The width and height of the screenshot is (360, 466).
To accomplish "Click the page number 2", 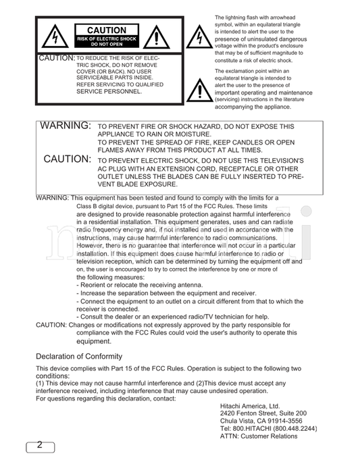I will [x=39, y=445].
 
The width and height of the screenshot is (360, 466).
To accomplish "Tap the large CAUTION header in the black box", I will [x=106, y=30].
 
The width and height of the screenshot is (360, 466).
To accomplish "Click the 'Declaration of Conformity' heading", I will [x=79, y=356].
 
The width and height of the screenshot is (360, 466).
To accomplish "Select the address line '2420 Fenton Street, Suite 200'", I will [x=263, y=413].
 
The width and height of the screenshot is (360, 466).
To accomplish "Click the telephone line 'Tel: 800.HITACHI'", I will [x=268, y=428].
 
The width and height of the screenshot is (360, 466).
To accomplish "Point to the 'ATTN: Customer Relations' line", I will [x=258, y=436].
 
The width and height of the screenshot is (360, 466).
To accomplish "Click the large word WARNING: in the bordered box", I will [x=66, y=126].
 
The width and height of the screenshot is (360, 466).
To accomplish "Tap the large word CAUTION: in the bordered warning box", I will [x=68, y=159].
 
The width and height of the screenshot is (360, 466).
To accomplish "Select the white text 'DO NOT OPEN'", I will [x=107, y=44].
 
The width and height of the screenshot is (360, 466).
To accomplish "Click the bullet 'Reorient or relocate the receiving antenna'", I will [x=139, y=285].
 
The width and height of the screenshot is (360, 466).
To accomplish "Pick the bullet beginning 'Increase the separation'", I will [x=166, y=293].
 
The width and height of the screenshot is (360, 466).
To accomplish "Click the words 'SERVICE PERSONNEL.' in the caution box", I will [x=109, y=91].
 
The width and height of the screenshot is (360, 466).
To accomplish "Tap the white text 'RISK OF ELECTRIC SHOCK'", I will [x=107, y=38].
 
